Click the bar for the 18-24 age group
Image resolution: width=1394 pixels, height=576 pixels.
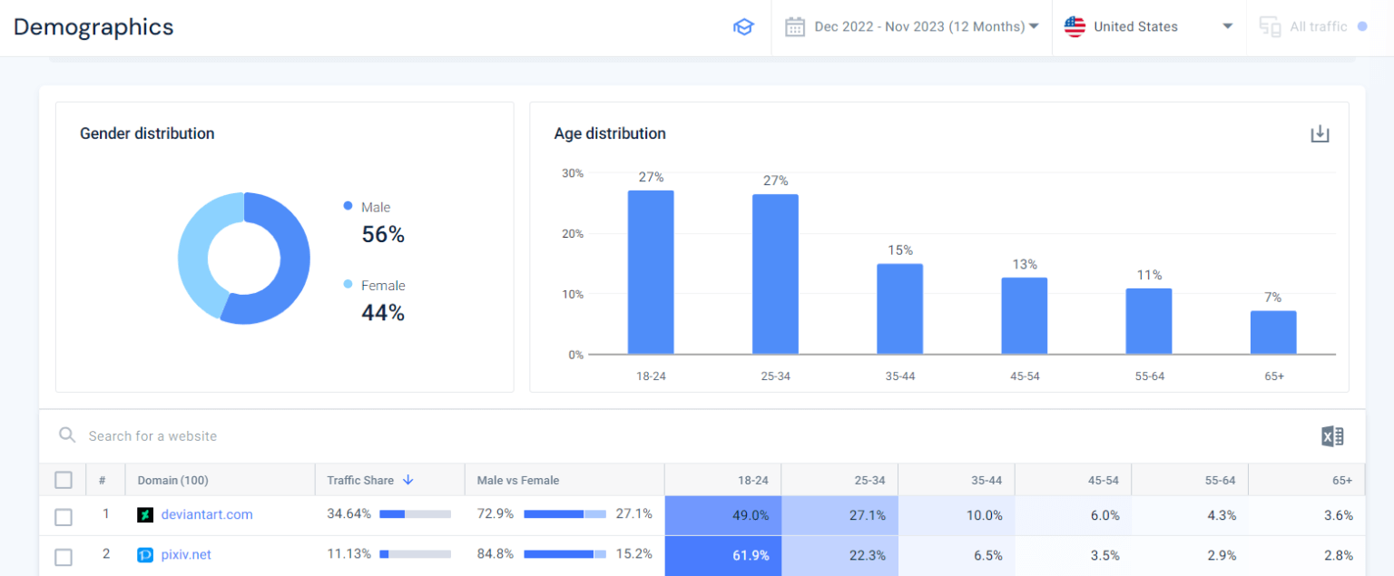click(651, 272)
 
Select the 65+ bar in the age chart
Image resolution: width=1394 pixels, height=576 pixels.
click(1273, 332)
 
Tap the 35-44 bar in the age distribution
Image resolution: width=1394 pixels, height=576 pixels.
click(899, 308)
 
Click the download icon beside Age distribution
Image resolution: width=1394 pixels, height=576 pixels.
click(1320, 134)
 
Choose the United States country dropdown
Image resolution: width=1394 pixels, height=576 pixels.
click(1148, 27)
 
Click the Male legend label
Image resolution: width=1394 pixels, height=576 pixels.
click(376, 207)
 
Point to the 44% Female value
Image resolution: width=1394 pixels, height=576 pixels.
click(383, 313)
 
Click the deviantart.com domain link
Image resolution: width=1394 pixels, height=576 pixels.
click(207, 514)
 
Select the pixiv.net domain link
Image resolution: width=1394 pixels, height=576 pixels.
click(186, 554)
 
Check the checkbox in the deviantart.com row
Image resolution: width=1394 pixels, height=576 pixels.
click(64, 516)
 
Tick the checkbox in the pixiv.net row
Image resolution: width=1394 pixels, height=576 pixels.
click(64, 556)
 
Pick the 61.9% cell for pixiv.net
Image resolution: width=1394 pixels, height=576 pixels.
click(722, 555)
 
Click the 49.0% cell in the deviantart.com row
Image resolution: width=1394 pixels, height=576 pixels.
click(722, 515)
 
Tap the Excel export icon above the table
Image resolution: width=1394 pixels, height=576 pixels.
click(1331, 436)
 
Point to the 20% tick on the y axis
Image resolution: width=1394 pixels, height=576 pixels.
click(572, 233)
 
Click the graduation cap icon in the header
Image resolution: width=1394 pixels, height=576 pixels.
click(743, 27)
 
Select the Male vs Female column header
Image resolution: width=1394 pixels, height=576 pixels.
click(518, 480)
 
